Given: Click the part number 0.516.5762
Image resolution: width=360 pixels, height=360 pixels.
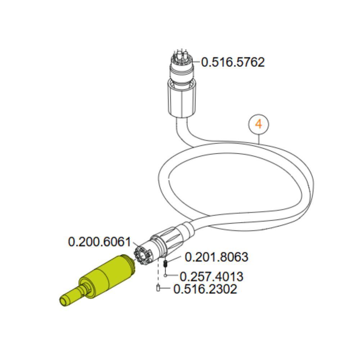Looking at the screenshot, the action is pyautogui.click(x=233, y=62).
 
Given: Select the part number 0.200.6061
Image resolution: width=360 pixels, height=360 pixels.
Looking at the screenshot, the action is pyautogui.click(x=99, y=242).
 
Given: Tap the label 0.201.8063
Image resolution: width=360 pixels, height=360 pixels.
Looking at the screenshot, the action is pyautogui.click(x=216, y=257).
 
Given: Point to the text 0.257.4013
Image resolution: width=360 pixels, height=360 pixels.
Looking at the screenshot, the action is pyautogui.click(x=211, y=276).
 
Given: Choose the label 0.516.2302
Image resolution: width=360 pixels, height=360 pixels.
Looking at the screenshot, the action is pyautogui.click(x=205, y=289).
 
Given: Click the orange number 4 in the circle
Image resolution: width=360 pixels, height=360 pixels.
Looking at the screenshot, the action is pyautogui.click(x=258, y=124).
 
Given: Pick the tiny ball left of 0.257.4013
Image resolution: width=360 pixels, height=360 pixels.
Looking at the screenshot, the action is pyautogui.click(x=165, y=275).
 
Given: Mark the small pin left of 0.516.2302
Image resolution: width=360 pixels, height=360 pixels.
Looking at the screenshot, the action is pyautogui.click(x=158, y=288).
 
